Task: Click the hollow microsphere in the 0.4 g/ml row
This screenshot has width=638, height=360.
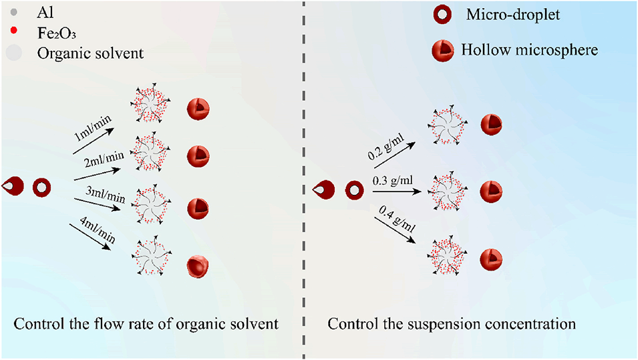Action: (491, 258)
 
